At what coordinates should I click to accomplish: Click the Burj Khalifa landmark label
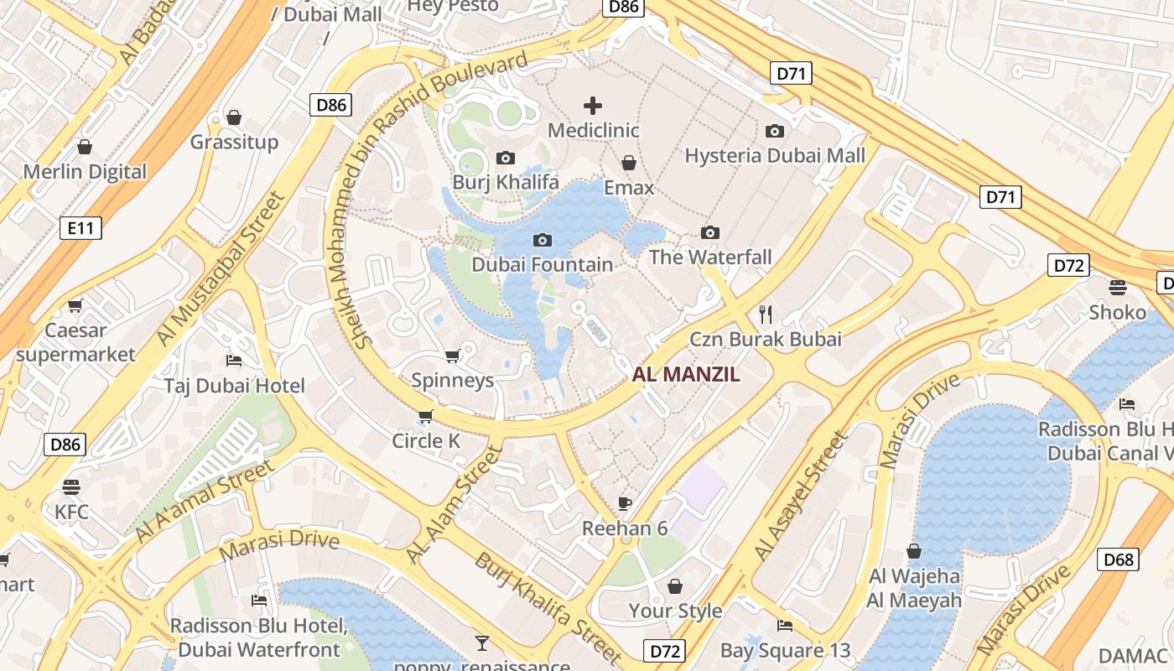tap(506, 182)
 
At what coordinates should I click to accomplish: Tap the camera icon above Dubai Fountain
tap(543, 241)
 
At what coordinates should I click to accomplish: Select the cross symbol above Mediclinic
tap(593, 106)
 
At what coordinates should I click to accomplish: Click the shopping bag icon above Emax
tap(629, 163)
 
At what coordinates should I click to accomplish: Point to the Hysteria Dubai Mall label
tap(775, 155)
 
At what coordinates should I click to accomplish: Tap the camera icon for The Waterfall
tap(710, 232)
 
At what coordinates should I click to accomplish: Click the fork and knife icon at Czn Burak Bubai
tap(765, 315)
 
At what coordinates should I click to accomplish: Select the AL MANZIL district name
tap(686, 375)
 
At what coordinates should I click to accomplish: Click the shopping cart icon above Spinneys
tap(452, 356)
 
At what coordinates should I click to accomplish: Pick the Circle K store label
tap(427, 441)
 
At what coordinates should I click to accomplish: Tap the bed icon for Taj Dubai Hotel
tap(234, 361)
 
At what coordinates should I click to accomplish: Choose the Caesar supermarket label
tap(75, 342)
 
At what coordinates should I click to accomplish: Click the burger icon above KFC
tap(71, 487)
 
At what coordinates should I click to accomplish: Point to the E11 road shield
tap(81, 227)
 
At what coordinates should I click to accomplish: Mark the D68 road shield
tap(1119, 559)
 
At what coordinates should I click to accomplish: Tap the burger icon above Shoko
tap(1117, 288)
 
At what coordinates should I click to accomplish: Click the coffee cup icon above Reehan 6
tap(625, 503)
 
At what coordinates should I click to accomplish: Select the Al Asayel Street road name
tap(802, 497)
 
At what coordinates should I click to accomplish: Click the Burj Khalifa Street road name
tap(549, 606)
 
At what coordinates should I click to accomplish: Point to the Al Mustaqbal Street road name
tap(221, 268)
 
